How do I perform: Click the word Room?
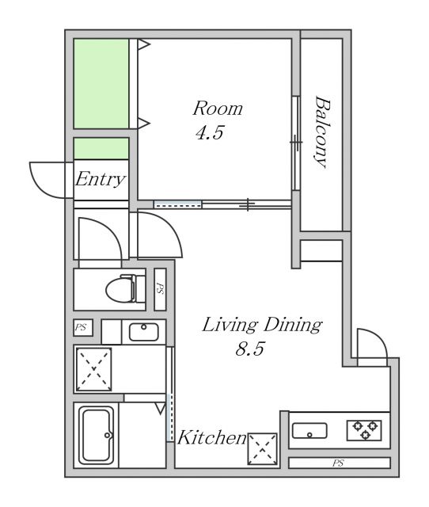point(218,109)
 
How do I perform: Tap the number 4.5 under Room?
point(210,132)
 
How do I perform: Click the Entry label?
point(101,179)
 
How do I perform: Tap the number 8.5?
point(249,349)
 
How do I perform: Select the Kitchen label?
point(212,437)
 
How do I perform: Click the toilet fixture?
point(125,288)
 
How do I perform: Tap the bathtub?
point(97,435)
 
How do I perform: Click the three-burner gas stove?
point(364,430)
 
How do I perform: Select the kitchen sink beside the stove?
point(309,431)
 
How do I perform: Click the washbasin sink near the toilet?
point(144,332)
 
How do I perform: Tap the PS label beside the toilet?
point(160,288)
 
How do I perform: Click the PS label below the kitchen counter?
point(338,463)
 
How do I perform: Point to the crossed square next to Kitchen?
point(262,449)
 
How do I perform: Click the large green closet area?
point(101,83)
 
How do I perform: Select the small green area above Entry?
point(101,148)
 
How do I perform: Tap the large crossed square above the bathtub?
point(93,369)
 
